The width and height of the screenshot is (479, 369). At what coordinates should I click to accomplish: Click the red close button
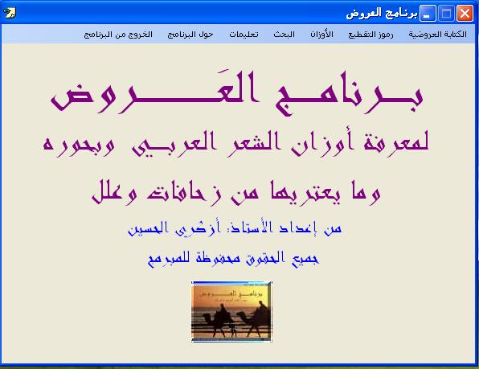[465, 14]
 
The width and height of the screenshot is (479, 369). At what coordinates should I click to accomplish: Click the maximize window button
[446, 14]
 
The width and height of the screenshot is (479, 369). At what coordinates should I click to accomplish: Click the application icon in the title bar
[9, 13]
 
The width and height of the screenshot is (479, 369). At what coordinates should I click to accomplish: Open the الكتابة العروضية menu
[438, 35]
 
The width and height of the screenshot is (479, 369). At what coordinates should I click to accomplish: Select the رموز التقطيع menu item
[371, 35]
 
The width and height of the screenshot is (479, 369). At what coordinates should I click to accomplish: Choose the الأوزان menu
[321, 34]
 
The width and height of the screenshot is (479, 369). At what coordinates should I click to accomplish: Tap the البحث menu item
[284, 35]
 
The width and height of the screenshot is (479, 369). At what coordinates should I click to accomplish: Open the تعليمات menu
[244, 35]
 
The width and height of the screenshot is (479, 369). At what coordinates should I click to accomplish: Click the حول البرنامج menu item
[190, 35]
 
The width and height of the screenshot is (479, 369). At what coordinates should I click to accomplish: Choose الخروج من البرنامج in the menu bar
[118, 35]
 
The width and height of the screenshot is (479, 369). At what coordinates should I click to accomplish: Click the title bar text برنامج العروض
[382, 14]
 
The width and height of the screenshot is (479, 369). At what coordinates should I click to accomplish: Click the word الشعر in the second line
[253, 143]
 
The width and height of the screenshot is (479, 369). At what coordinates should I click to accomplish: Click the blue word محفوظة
[218, 259]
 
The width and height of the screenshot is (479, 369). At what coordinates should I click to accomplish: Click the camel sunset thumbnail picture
[231, 312]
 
